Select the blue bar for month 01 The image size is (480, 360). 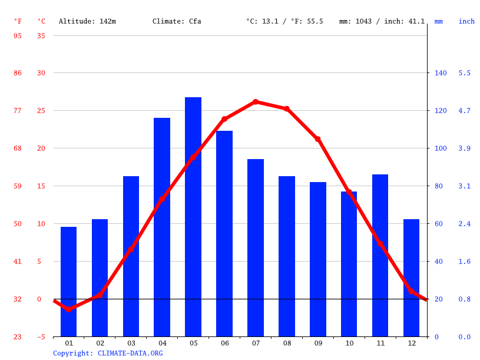click(69, 282)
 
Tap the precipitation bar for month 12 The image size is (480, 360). click(411, 278)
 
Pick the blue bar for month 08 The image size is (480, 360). click(287, 256)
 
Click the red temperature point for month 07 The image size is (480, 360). click(256, 102)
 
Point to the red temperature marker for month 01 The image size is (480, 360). click(69, 309)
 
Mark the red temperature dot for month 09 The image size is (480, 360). click(318, 139)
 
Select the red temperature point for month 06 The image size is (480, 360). click(224, 119)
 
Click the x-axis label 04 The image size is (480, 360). click(162, 343)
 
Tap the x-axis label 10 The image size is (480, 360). click(349, 343)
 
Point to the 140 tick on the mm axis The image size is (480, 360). click(441, 73)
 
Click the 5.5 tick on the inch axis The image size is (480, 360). click(465, 73)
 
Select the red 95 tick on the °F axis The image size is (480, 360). click(18, 35)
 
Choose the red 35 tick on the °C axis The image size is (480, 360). click(41, 35)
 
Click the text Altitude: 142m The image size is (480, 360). click(87, 21)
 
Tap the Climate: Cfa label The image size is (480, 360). click(177, 21)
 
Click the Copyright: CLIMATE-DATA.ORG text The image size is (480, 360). click(108, 353)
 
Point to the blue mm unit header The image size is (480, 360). click(439, 21)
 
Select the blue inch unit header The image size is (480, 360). click(466, 21)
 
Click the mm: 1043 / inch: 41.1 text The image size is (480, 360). click(382, 21)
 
